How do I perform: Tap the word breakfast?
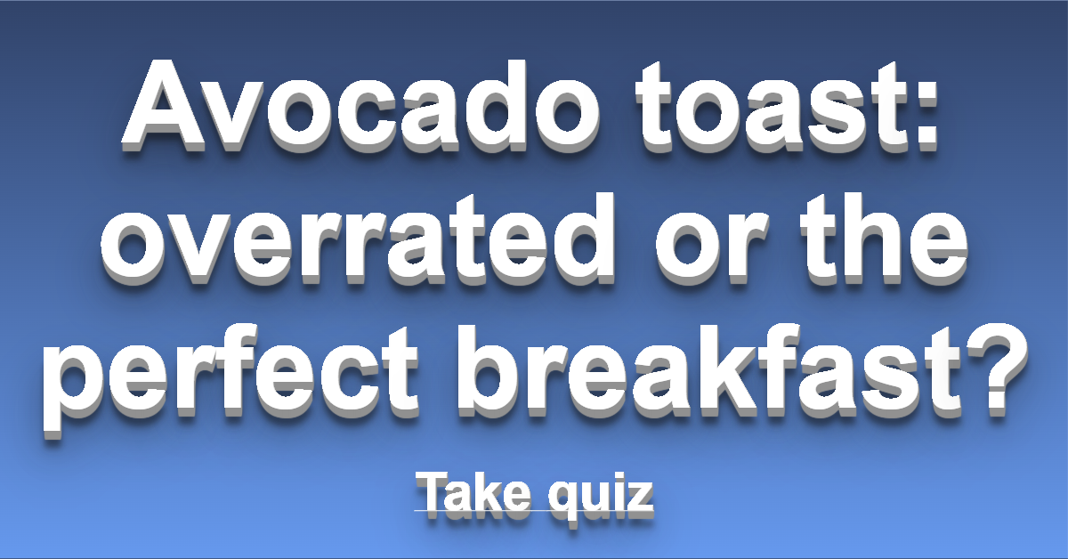tap(709, 371)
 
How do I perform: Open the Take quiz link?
tap(534, 496)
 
